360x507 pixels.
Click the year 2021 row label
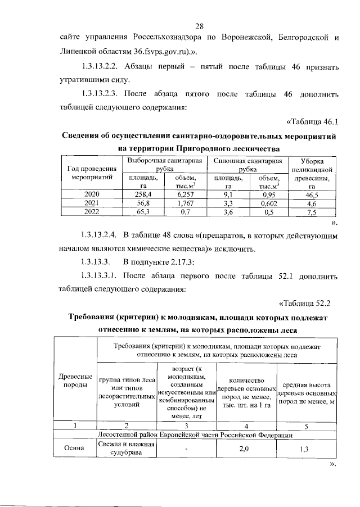click(92, 203)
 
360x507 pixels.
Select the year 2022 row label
click(92, 212)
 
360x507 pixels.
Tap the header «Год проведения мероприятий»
click(92, 172)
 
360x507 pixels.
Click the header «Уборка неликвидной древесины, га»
click(311, 172)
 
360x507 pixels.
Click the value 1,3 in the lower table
click(304, 449)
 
